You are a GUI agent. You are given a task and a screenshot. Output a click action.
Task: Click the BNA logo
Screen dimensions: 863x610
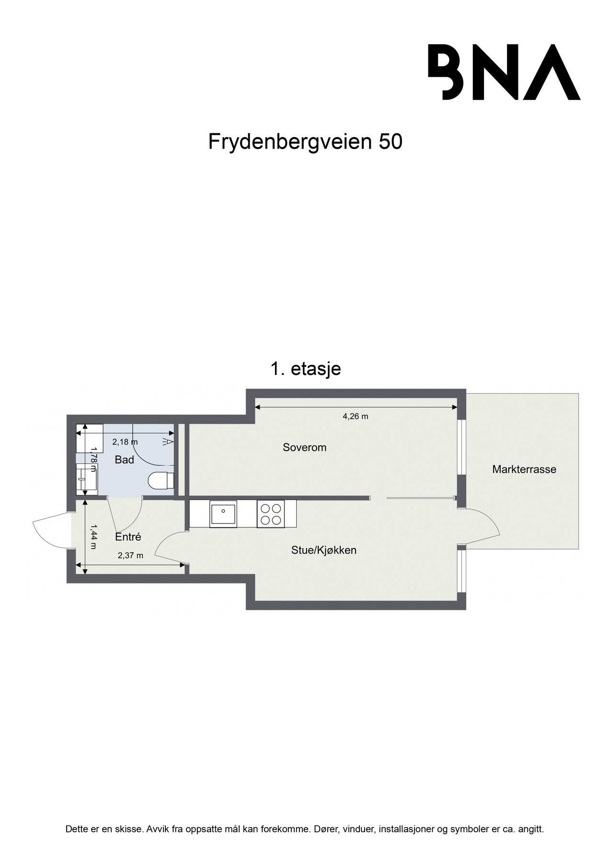504,72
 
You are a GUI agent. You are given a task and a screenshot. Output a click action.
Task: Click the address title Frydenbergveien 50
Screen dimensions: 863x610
305,141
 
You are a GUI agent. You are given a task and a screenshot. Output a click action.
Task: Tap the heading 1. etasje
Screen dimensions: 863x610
305,369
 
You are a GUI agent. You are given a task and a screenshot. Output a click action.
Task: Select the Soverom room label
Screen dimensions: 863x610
304,447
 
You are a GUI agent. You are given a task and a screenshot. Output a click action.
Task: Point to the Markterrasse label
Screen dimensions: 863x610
524,469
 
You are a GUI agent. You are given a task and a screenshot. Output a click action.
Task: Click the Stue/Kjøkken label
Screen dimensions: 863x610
323,550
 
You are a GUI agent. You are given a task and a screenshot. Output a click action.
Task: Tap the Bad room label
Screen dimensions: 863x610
124,460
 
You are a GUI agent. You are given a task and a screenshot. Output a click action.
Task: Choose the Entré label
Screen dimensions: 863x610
128,537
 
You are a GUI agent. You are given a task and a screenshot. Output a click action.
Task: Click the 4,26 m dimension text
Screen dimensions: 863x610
355,416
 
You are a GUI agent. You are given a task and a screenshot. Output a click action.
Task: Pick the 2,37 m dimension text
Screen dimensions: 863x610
130,556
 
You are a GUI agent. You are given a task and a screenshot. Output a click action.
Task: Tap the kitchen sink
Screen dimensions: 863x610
223,513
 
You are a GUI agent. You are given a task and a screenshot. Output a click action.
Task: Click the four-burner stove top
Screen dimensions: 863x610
270,514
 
